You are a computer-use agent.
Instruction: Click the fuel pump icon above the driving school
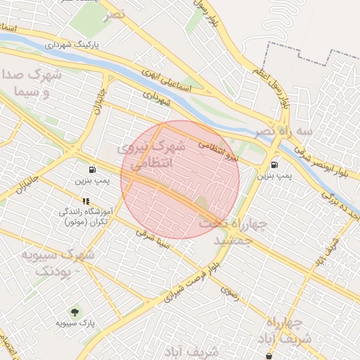coord(93,169)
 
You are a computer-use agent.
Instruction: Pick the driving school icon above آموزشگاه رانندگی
coord(86,201)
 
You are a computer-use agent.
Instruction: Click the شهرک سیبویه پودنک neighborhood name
coord(56,262)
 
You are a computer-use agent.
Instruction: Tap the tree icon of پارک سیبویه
coord(73,311)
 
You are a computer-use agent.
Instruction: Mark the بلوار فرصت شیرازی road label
coord(192,283)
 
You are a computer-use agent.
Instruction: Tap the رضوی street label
coord(229,293)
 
